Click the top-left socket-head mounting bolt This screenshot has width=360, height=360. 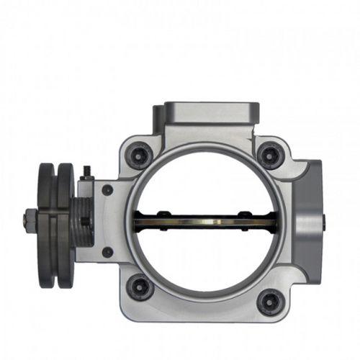tap(138, 155)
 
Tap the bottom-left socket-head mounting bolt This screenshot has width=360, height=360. tap(138, 286)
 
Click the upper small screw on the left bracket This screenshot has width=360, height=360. tap(107, 190)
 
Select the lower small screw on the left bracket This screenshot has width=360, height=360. tap(107, 252)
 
